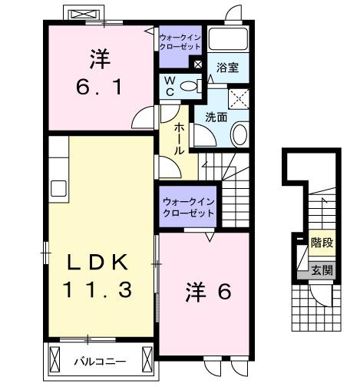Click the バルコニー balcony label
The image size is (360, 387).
(x=101, y=359)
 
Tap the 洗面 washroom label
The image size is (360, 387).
(x=215, y=117)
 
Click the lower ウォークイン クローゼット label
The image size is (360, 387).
(x=188, y=207)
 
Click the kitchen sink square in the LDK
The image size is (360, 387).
(x=58, y=188)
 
